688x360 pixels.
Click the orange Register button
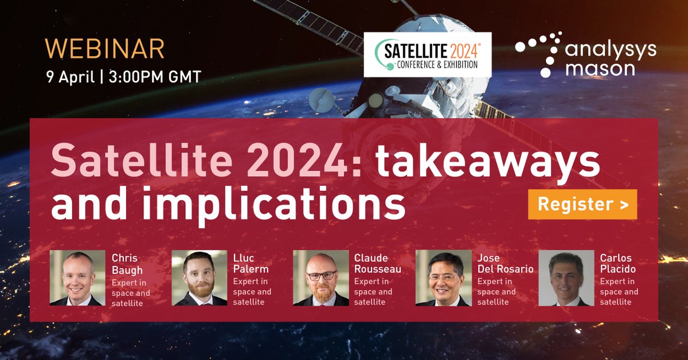[582, 205]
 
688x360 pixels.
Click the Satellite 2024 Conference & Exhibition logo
[428, 54]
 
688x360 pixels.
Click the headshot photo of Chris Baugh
[77, 278]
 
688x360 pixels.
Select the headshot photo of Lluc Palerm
[199, 278]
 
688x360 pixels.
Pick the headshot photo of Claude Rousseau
[320, 278]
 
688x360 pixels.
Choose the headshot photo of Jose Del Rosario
[443, 278]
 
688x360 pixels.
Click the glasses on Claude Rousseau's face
[321, 275]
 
